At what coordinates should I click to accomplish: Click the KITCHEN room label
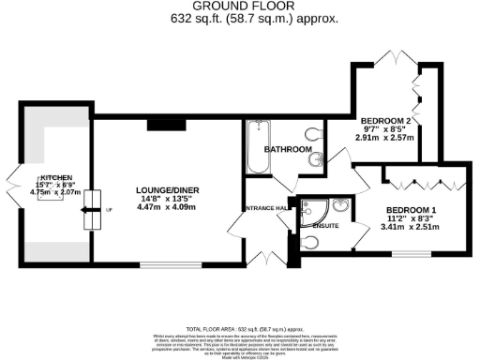click(x=55, y=177)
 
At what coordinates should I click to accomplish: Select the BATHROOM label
click(x=287, y=149)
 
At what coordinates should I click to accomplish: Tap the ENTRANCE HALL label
click(x=266, y=208)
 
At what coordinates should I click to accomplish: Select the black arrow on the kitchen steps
click(x=91, y=217)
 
